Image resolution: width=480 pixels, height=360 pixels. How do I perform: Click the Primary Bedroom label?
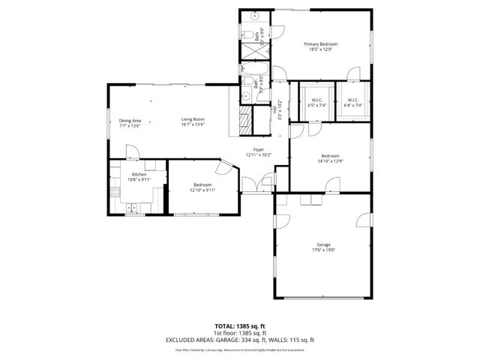click(x=320, y=47)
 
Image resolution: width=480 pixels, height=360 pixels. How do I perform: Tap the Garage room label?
click(x=323, y=247)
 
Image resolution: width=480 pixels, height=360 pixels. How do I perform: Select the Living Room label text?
click(x=193, y=122)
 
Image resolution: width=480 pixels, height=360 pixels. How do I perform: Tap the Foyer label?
click(x=258, y=152)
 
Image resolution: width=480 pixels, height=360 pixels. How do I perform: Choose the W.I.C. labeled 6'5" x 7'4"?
click(x=317, y=103)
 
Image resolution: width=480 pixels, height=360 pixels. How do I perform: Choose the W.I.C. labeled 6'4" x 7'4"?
click(x=352, y=103)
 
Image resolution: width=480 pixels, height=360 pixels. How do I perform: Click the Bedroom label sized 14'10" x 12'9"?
click(x=330, y=158)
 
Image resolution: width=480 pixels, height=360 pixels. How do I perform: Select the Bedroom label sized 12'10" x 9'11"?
click(x=202, y=187)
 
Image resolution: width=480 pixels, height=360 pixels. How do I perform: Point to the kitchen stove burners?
click(x=115, y=192)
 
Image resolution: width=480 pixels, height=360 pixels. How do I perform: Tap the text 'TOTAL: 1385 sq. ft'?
click(x=239, y=326)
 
